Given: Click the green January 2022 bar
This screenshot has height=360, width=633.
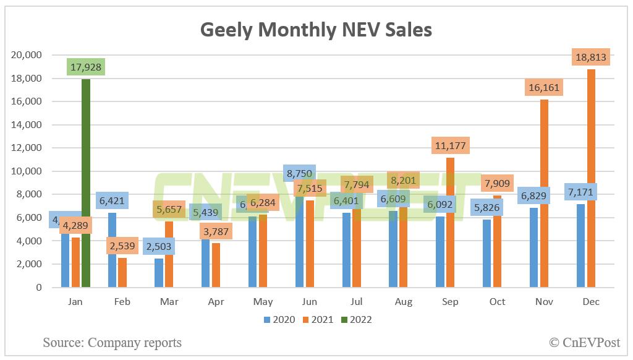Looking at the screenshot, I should pos(85,186).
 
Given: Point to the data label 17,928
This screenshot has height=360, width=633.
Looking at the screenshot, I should pos(86,67).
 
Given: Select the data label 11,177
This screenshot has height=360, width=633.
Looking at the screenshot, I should pos(451,145).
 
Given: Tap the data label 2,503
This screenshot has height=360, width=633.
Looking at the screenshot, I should pos(159,247).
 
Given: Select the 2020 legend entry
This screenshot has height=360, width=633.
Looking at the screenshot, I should pos(279,320).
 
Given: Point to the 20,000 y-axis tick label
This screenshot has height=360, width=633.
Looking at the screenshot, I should pos(27,55).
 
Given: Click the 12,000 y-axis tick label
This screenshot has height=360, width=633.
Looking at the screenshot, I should pos(27,148).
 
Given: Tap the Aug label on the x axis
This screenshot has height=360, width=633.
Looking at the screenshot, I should pos(404,302).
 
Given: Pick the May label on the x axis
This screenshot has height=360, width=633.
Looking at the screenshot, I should pos(263,302).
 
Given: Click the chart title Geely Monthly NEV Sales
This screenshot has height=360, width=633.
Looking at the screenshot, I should pos(316,30).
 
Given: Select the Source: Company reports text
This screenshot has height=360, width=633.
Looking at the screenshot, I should pos(113,342).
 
